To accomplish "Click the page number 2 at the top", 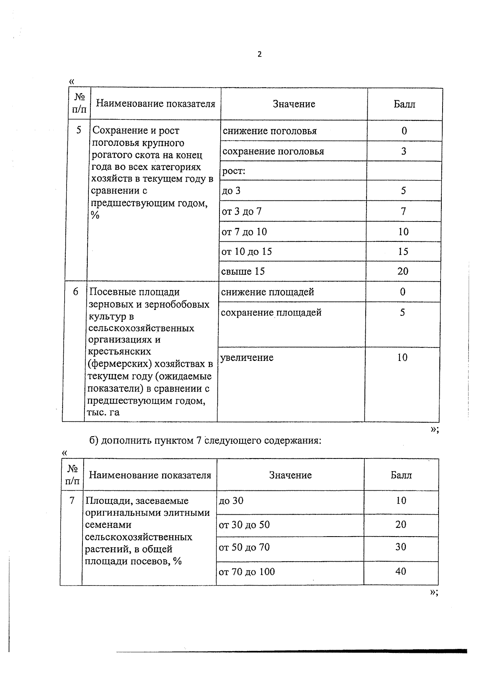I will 260,55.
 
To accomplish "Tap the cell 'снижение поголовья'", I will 270,131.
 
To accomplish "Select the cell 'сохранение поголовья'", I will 273,151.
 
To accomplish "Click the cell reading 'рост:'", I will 234,171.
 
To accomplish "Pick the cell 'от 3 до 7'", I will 242,212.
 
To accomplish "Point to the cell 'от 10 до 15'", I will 247,252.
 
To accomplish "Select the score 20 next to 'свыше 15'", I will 403,271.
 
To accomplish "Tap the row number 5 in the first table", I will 79,130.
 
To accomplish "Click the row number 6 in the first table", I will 76,292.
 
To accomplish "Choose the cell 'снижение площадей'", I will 267,292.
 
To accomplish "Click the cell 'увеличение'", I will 247,358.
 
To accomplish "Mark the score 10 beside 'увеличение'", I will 402,357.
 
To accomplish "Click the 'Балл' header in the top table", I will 404,104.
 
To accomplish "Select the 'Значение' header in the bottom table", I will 290,475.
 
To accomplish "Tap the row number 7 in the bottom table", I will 72,500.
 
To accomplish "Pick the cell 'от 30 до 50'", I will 244,525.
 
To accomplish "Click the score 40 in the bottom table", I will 401,571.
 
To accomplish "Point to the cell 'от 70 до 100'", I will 247,572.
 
